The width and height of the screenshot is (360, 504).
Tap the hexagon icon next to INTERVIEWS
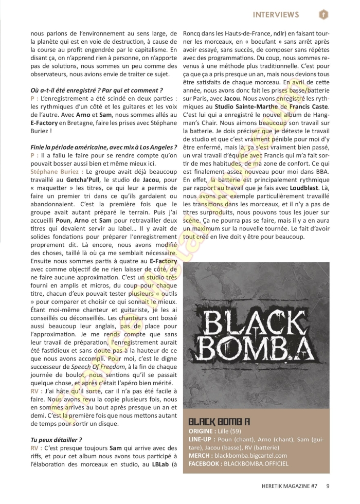[x=323, y=14]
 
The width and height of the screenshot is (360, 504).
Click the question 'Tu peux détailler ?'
[x=56, y=440]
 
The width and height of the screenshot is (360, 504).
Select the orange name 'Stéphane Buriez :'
[x=57, y=185]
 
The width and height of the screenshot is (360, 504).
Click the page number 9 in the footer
[x=327, y=484]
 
